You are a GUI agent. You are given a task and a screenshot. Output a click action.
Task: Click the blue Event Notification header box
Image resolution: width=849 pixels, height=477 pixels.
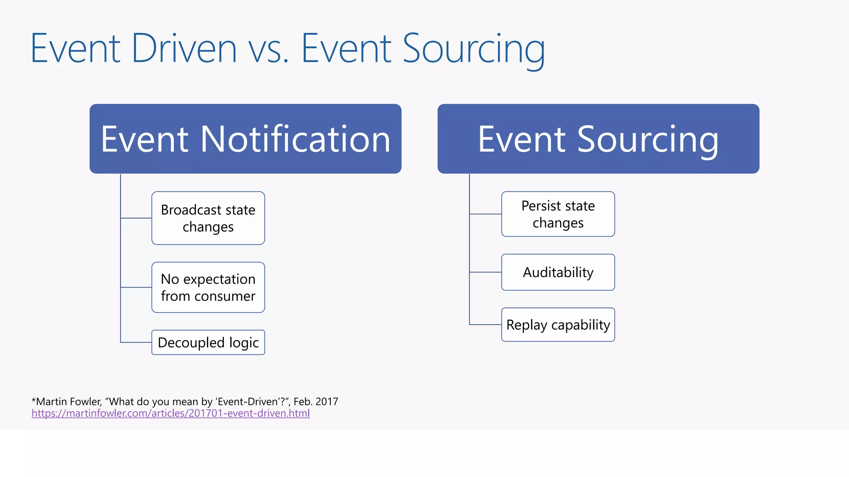click(x=245, y=139)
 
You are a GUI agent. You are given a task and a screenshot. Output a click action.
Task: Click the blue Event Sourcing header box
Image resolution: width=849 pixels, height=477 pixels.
click(x=598, y=139)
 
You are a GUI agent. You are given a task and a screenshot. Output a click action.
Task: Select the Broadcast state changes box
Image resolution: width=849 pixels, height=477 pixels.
click(x=208, y=218)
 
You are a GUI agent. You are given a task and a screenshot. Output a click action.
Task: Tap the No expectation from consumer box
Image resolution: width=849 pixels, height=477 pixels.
click(x=208, y=287)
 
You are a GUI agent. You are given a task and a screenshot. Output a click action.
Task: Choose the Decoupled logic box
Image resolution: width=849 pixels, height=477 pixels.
click(x=208, y=342)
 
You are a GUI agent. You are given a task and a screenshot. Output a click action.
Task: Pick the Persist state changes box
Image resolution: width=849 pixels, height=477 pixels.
click(x=558, y=214)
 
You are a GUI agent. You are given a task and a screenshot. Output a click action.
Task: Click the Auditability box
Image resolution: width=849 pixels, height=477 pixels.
click(x=558, y=272)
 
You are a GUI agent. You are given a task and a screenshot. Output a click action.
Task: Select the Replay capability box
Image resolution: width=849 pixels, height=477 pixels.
click(x=558, y=325)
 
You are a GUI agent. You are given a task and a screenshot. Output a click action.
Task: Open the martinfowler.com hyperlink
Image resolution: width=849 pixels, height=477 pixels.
click(x=170, y=413)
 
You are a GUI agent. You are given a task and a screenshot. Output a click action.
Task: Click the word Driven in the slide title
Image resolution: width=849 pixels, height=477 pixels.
click(x=184, y=49)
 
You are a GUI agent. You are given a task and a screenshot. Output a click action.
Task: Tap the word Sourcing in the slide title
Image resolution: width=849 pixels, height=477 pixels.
click(x=473, y=50)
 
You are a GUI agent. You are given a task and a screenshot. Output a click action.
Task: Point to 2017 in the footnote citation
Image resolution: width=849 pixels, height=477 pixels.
click(x=327, y=402)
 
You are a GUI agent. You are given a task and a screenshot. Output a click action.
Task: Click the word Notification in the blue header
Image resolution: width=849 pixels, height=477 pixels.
click(x=295, y=139)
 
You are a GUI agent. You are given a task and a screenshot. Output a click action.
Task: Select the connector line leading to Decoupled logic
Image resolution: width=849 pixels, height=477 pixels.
click(x=136, y=342)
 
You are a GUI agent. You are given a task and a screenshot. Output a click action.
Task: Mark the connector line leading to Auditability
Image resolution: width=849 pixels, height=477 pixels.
click(x=485, y=272)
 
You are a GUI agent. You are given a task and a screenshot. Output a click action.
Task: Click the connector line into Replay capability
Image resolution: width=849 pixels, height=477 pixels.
click(x=485, y=325)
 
